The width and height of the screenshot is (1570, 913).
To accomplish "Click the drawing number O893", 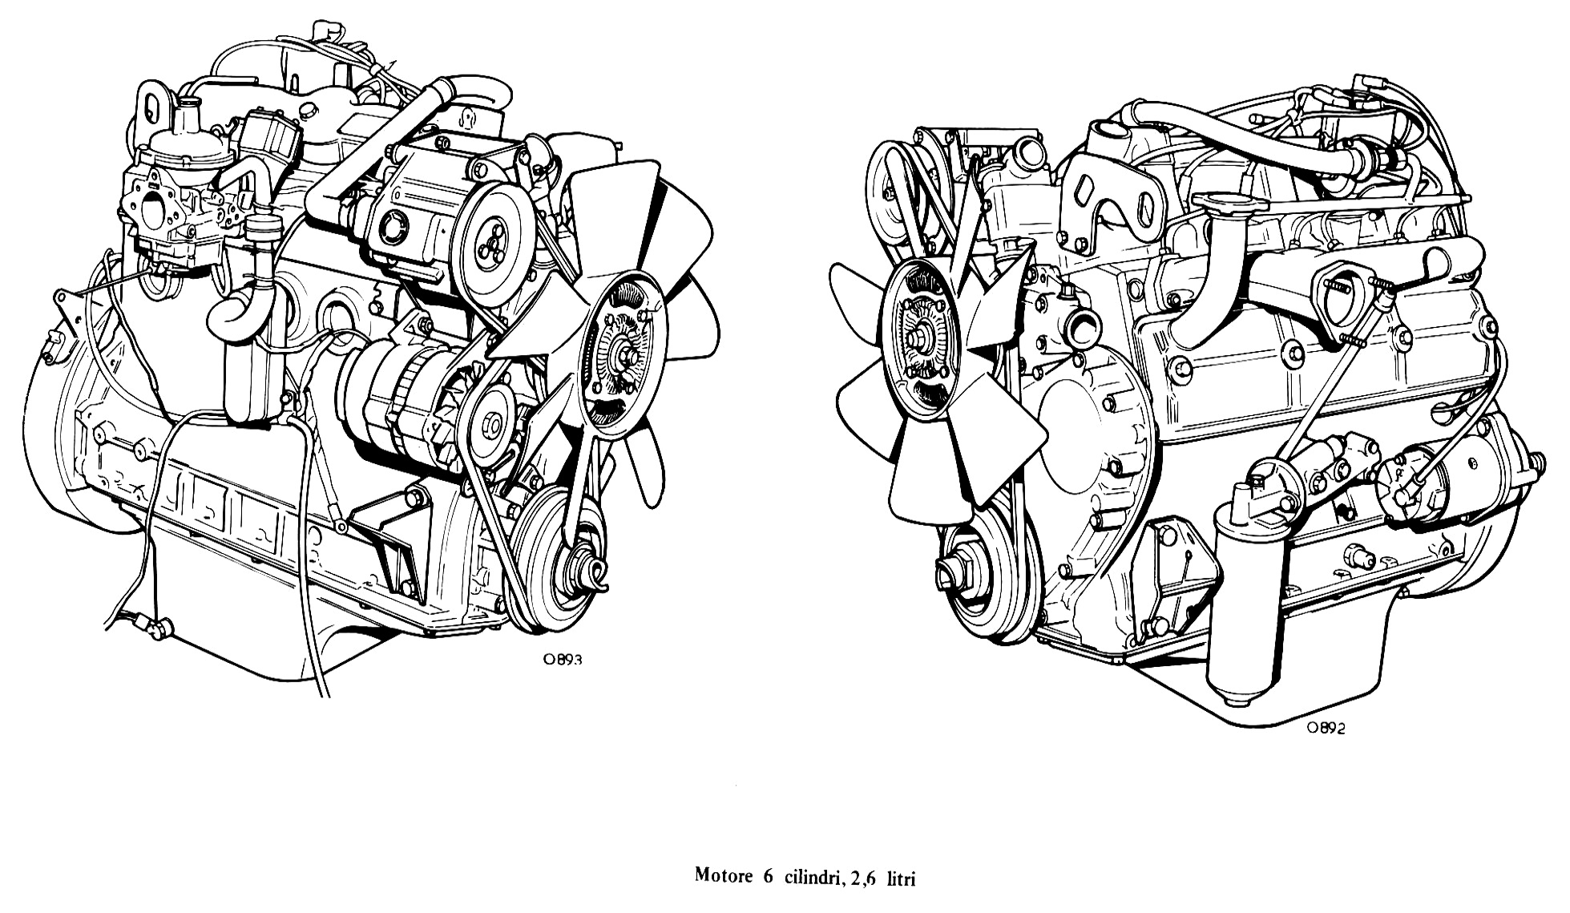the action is tap(561, 661).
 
